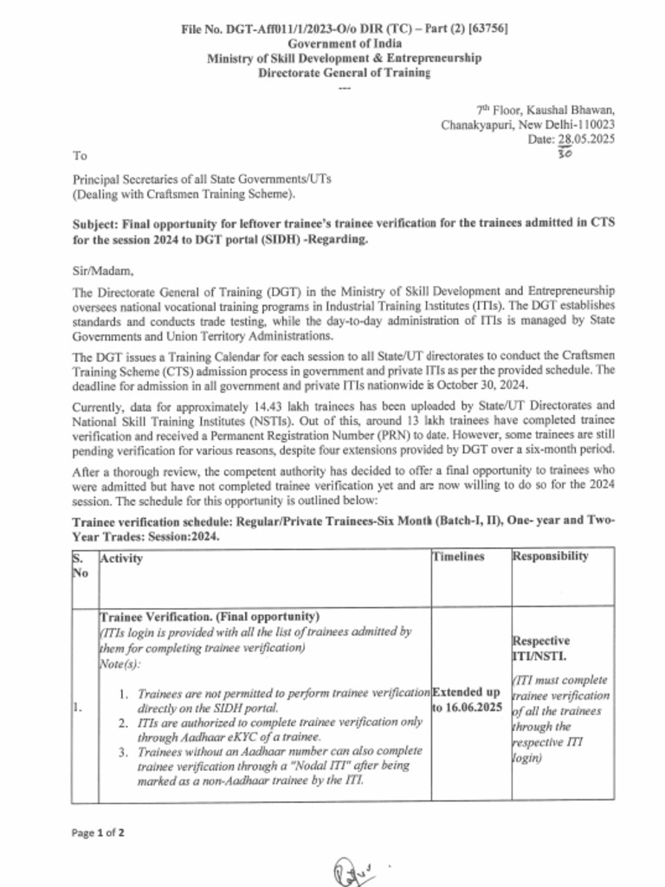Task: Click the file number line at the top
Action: pyautogui.click(x=344, y=29)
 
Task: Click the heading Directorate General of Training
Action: pyautogui.click(x=344, y=73)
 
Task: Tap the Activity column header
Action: pyautogui.click(x=121, y=559)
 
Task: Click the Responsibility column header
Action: pyautogui.click(x=551, y=556)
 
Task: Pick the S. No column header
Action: pyautogui.click(x=81, y=566)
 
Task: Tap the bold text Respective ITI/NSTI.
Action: pyautogui.click(x=542, y=649)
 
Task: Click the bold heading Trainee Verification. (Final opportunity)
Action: pyautogui.click(x=210, y=617)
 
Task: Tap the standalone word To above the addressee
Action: pyautogui.click(x=80, y=156)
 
